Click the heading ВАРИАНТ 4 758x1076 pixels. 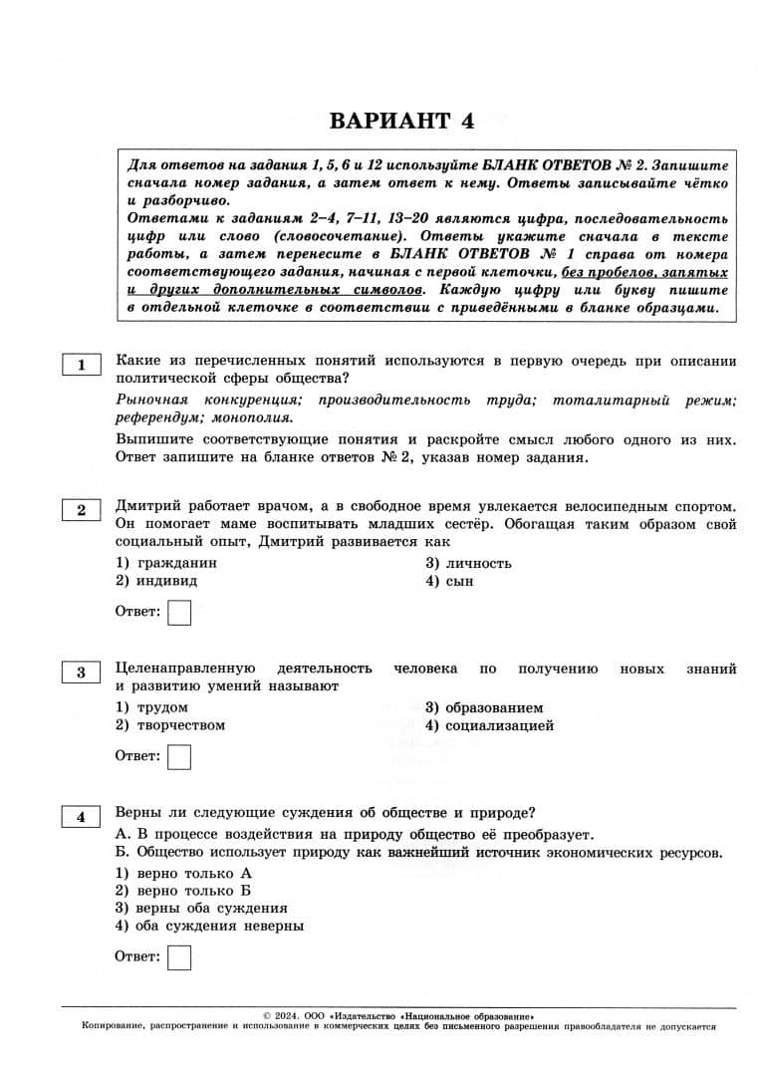coord(401,121)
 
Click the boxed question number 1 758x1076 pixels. coord(82,365)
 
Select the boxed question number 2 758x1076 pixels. coord(82,510)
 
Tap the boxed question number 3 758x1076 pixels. coord(82,672)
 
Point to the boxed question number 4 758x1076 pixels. coord(82,817)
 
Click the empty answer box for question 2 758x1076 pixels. coord(179,612)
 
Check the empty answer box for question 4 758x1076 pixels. coord(179,957)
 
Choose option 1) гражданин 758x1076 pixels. coord(166,563)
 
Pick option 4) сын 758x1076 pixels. coord(449,581)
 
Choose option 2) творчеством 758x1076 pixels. coord(170,725)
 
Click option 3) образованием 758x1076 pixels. coord(484,707)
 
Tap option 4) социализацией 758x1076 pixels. coord(489,725)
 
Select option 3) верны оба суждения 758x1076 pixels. coord(201,908)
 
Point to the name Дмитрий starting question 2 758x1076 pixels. coord(147,505)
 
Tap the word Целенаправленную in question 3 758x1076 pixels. coord(186,669)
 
